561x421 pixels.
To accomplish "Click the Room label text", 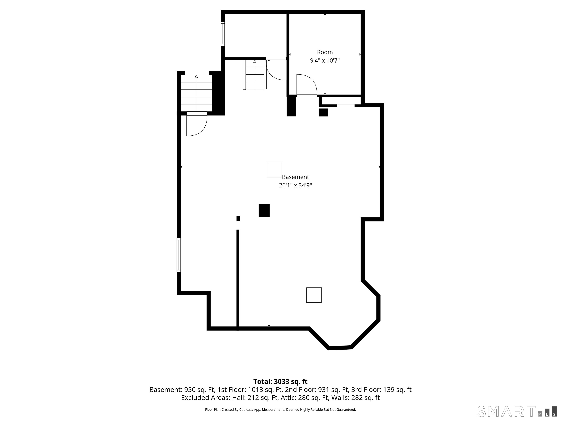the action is click(325, 52).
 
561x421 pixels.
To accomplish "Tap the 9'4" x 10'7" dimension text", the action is click(325, 61).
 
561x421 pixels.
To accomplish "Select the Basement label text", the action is click(295, 177).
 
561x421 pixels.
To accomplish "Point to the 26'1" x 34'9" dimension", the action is click(295, 185).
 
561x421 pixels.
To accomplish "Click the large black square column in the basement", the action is click(264, 211).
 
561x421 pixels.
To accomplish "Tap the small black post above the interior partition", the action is click(238, 219).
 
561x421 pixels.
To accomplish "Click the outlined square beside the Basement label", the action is click(274, 170).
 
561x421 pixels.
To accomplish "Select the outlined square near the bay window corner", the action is click(314, 295).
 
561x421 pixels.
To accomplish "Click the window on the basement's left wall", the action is click(179, 255).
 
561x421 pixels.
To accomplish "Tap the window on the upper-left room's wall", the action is click(223, 34).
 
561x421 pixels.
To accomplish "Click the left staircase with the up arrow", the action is click(196, 93).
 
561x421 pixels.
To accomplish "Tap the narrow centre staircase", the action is click(255, 75).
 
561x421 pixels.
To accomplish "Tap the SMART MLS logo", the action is click(517, 411).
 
